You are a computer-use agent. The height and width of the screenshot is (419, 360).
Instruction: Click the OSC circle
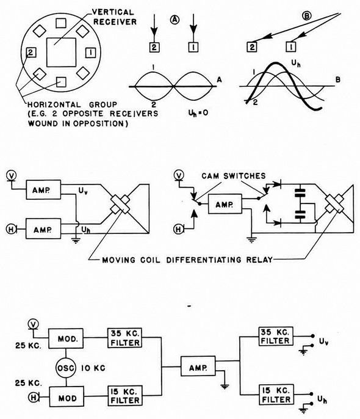[x=66, y=368]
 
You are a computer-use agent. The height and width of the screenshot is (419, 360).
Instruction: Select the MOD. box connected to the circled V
[x=66, y=338]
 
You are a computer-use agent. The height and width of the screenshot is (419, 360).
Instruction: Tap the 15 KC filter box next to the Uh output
[x=276, y=395]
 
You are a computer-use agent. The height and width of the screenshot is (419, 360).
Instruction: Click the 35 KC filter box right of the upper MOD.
[x=125, y=338]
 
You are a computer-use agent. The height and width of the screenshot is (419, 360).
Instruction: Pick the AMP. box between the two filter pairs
[x=198, y=366]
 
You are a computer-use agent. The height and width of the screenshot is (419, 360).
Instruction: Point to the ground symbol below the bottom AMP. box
[x=225, y=386]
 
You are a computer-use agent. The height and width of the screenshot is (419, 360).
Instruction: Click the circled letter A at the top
[x=175, y=20]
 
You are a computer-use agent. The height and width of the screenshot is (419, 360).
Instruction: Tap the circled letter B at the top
[x=307, y=16]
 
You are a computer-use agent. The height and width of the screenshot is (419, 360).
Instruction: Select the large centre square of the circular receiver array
[x=62, y=52]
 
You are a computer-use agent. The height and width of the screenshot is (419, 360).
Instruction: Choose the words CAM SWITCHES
[x=234, y=176]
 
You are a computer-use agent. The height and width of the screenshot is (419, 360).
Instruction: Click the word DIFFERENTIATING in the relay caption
[x=204, y=260]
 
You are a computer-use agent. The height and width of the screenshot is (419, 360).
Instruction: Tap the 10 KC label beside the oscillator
[x=93, y=368]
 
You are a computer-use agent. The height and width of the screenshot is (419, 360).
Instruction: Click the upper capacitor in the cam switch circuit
[x=300, y=193]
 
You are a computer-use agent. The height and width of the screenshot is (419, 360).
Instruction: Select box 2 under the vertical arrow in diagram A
[x=154, y=47]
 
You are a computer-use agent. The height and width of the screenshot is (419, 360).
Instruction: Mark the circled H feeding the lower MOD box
[x=34, y=398]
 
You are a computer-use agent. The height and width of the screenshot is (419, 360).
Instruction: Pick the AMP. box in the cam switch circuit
[x=225, y=204]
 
